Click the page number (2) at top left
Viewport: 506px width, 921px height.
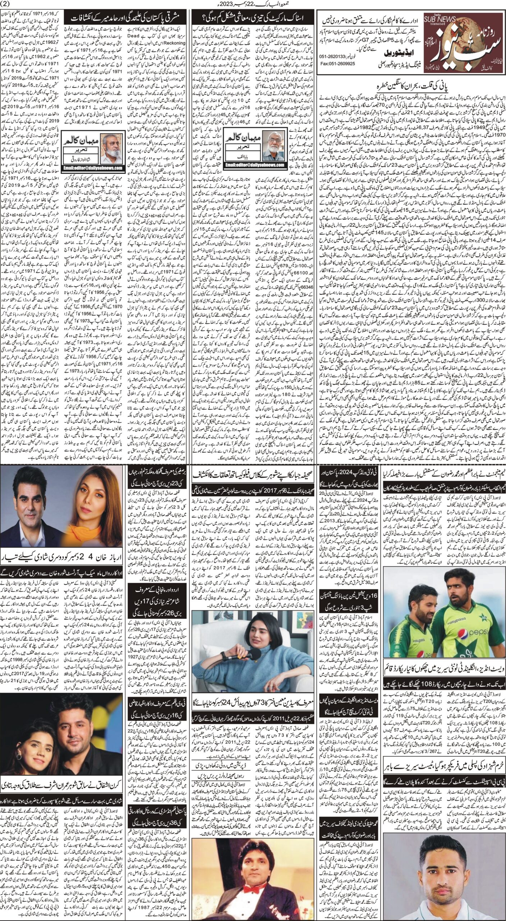pyautogui.click(x=7, y=4)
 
